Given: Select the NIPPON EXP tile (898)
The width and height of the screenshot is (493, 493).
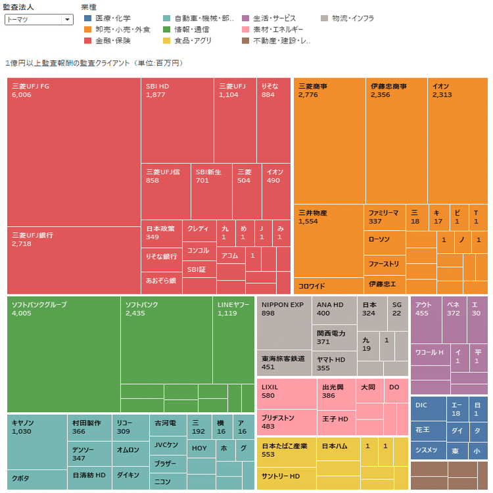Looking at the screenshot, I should (x=283, y=323).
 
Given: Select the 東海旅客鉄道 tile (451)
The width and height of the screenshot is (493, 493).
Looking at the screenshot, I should (x=283, y=363).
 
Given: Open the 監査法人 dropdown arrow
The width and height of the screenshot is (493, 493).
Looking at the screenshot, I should (x=66, y=20).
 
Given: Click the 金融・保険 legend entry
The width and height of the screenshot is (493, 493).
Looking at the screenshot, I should (x=108, y=41).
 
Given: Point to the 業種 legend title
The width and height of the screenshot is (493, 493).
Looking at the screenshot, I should (x=88, y=7).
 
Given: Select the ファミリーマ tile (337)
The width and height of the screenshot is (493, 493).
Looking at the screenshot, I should (x=384, y=217).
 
